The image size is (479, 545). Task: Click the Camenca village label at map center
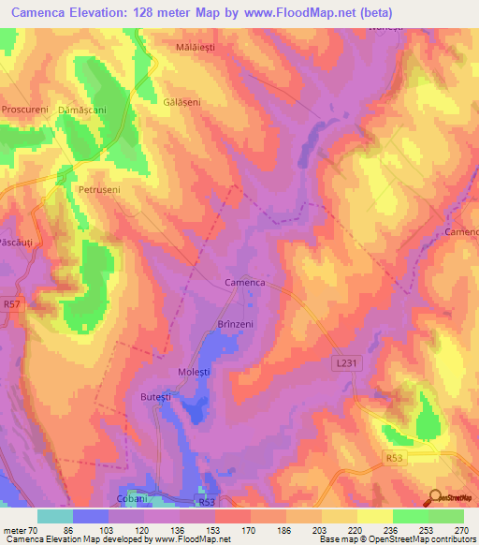pos(246,282)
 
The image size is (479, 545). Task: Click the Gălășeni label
pos(182,102)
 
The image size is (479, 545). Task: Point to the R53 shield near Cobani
pos(206,501)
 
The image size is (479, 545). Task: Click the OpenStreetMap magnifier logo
pos(435,497)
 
